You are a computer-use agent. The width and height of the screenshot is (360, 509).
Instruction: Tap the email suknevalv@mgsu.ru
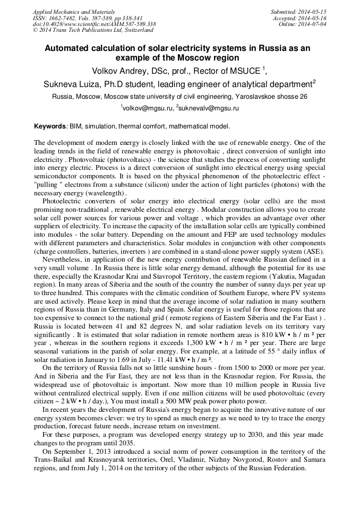[209, 108]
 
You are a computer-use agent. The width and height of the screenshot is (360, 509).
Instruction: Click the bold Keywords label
[50, 126]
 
